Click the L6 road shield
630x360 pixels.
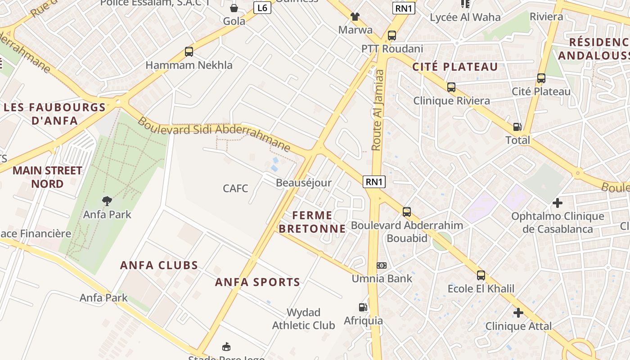[262, 8]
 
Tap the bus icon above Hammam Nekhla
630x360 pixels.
[189, 52]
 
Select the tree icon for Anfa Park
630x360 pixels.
[107, 201]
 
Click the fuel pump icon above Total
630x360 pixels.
[517, 127]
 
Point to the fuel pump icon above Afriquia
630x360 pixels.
[363, 307]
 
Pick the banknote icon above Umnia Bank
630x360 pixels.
[382, 265]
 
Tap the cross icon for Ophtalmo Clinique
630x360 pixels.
[558, 203]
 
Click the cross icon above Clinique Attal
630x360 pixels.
[518, 312]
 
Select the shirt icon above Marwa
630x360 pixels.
[355, 17]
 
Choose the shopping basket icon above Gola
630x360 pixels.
[234, 8]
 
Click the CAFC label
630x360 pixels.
[235, 188]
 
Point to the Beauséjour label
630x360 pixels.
[303, 183]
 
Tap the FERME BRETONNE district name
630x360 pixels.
[312, 222]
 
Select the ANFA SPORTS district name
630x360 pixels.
[257, 282]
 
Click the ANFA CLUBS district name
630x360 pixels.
[159, 265]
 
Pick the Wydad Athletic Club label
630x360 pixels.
[303, 319]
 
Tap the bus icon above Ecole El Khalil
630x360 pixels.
[481, 275]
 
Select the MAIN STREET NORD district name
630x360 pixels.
[47, 177]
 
